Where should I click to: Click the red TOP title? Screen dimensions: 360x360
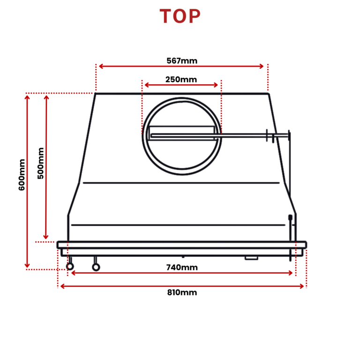click(180, 17)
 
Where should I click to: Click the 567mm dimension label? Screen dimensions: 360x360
click(182, 60)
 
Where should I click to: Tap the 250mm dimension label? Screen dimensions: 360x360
click(181, 79)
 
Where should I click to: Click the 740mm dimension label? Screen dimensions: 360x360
click(182, 267)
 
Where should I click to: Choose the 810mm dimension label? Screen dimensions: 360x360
click(182, 292)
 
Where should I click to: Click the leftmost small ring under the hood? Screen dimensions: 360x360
click(70, 266)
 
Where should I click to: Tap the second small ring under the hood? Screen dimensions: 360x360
click(96, 267)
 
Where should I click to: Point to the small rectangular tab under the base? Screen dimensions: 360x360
click(252, 257)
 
